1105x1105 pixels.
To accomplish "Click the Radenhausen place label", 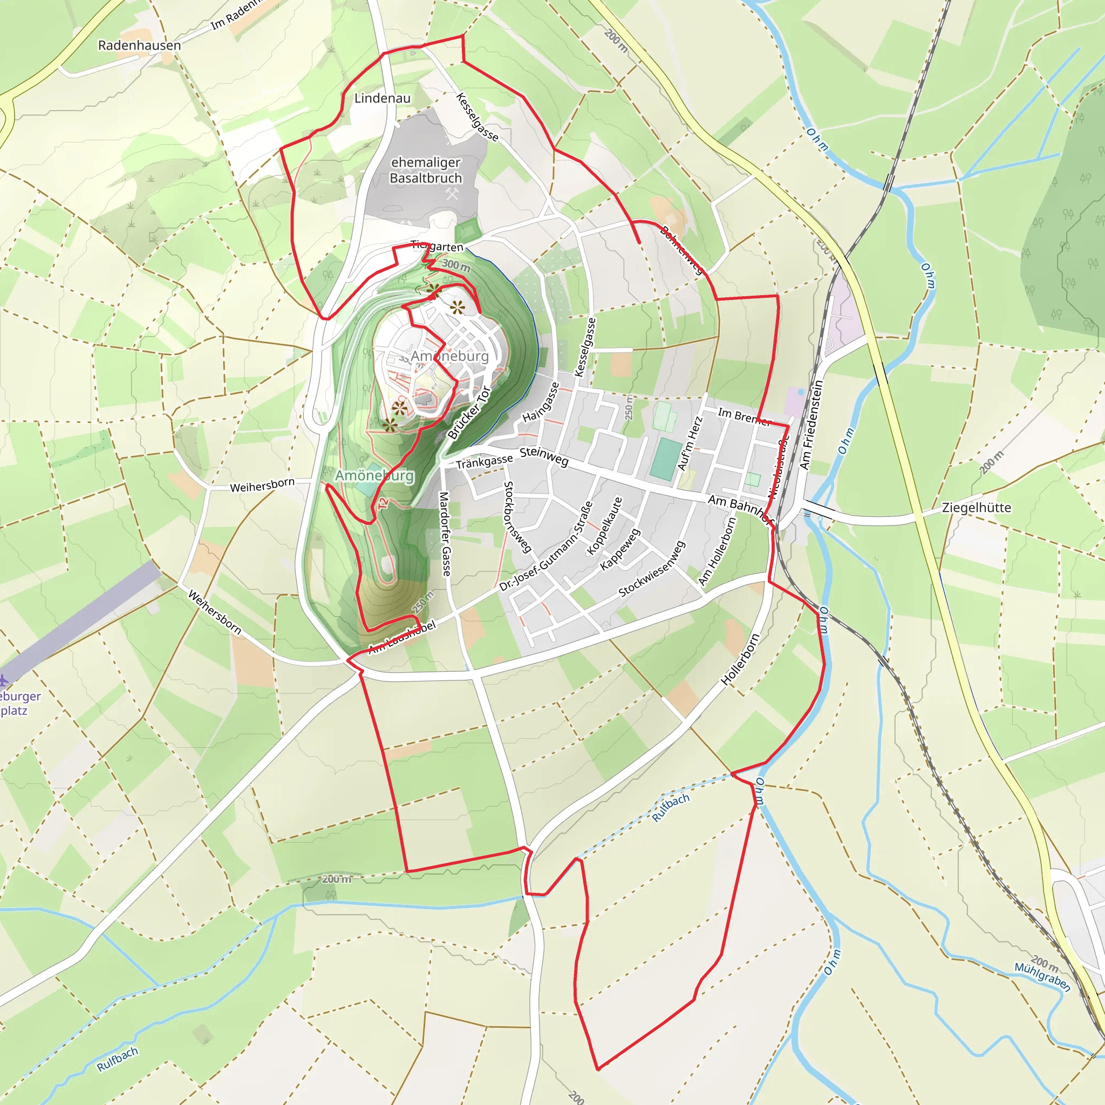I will (x=140, y=45).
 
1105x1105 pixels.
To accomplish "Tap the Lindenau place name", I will (x=382, y=98).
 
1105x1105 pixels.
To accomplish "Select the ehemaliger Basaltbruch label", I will (x=426, y=170).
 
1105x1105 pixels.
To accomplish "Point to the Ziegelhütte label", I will (x=976, y=508).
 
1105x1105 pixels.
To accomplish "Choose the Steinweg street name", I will (x=544, y=456).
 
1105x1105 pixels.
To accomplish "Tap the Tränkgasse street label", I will (x=484, y=461).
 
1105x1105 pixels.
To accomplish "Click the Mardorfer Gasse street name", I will (x=445, y=534).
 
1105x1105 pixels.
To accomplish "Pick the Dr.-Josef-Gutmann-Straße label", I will (x=545, y=546).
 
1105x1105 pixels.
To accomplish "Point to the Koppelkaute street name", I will (x=604, y=526).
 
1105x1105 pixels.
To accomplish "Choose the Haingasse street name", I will (x=541, y=402).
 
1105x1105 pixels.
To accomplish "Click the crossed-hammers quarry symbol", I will (x=452, y=194).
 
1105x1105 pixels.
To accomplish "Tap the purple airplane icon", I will (x=3, y=680).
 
